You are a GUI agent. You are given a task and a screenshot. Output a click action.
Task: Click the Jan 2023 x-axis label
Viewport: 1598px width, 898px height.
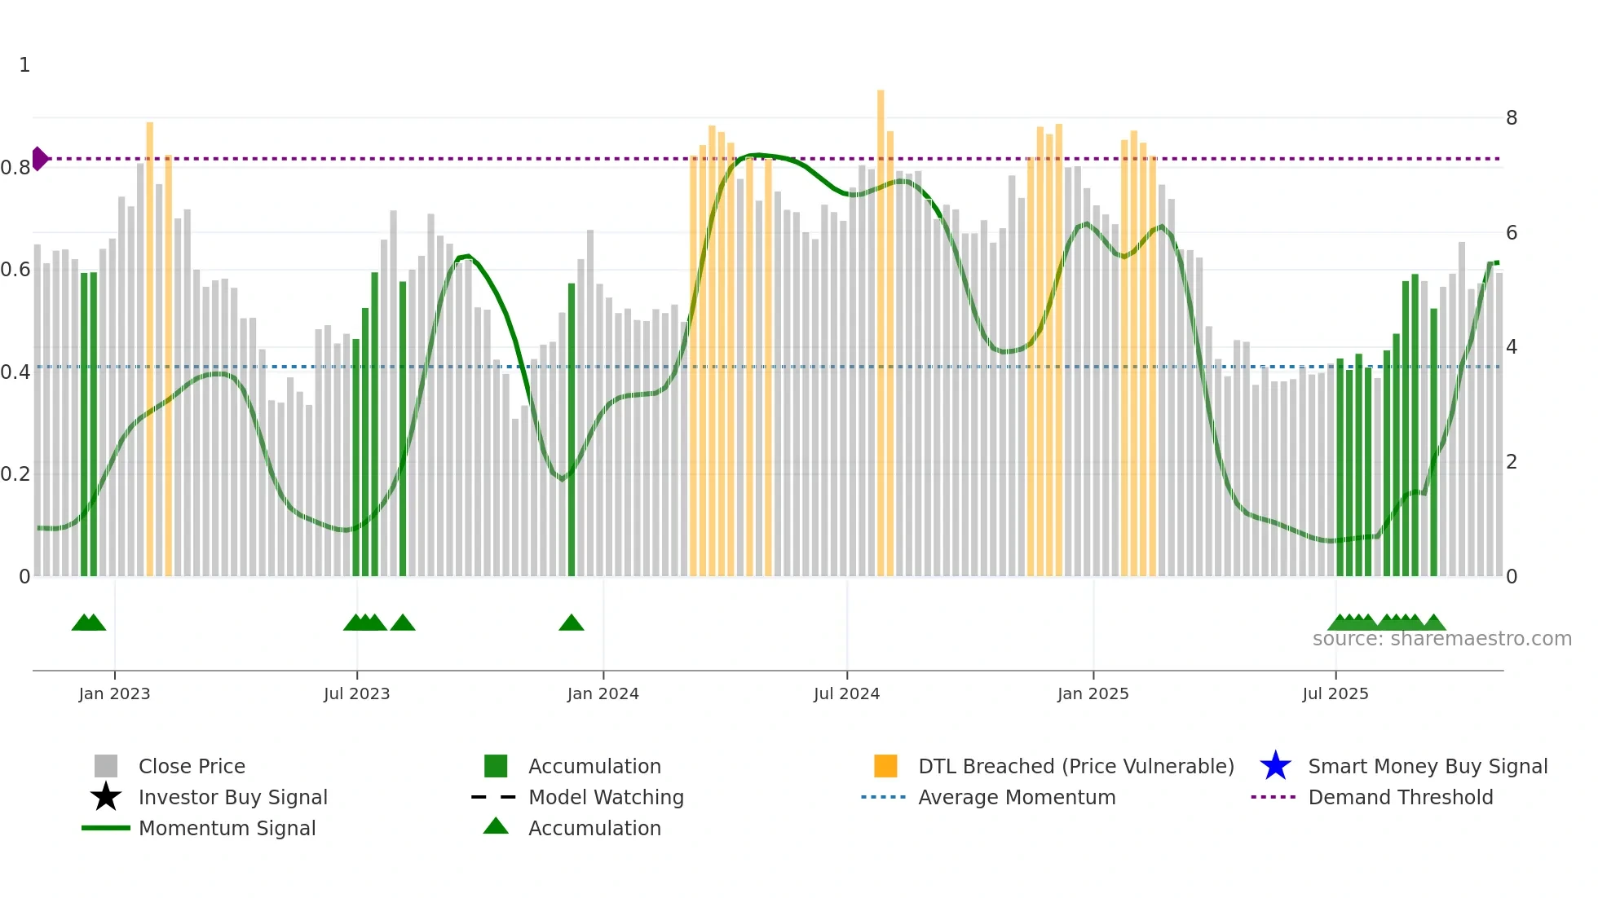tap(114, 693)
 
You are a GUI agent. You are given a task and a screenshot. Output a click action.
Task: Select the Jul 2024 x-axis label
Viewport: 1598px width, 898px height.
tap(846, 693)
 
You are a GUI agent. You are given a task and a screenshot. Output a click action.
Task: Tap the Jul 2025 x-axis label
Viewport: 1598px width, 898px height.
tap(1335, 693)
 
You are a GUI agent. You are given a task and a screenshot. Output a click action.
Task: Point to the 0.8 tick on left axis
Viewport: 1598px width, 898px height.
tap(15, 168)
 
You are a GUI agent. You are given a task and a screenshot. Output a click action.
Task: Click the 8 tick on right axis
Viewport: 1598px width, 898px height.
tap(1511, 118)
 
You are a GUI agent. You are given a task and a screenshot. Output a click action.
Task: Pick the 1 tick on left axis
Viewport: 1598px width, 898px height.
tap(24, 65)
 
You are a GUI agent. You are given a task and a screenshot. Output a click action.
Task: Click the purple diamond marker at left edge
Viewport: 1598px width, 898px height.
tap(39, 159)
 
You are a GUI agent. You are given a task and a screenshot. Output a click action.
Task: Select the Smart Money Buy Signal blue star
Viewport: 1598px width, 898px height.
tap(1275, 766)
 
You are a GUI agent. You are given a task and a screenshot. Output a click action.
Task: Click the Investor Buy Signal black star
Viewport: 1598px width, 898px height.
tap(106, 797)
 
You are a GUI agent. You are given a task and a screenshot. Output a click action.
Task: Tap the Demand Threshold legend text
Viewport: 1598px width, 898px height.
tap(1400, 797)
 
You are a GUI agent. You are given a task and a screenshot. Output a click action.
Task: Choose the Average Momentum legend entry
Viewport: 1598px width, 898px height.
tap(1016, 797)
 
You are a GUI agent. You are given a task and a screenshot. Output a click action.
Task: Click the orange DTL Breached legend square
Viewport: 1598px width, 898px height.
tap(885, 766)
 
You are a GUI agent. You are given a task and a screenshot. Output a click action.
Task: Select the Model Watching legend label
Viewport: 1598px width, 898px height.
tap(606, 797)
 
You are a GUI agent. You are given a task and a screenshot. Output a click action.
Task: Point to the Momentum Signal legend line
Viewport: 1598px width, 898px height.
tap(106, 828)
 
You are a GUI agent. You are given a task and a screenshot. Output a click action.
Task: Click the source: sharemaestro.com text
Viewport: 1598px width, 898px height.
tap(1441, 639)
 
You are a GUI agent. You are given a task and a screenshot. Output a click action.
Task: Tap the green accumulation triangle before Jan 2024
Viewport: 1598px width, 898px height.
tap(572, 623)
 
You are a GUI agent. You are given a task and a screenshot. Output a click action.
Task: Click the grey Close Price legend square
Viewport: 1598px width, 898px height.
tap(106, 766)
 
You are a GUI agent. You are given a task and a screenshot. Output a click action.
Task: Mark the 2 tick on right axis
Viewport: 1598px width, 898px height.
tap(1511, 462)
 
